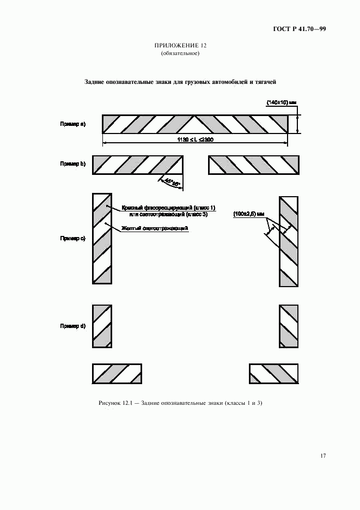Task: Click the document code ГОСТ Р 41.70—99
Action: click(x=299, y=29)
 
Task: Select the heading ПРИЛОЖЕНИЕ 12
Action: click(x=180, y=46)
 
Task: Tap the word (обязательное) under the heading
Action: click(x=180, y=53)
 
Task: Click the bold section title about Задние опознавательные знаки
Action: click(x=180, y=82)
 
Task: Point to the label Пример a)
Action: click(x=72, y=124)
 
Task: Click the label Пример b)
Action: click(x=72, y=163)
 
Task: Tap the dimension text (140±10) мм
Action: click(x=281, y=102)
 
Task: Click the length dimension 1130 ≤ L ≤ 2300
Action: click(x=194, y=140)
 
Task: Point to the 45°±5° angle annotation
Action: click(x=170, y=184)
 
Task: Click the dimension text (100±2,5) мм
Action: click(x=248, y=214)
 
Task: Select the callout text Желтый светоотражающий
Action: click(x=155, y=229)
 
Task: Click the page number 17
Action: click(x=322, y=456)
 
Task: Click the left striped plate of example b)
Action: click(x=137, y=165)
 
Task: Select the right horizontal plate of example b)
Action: click(x=253, y=165)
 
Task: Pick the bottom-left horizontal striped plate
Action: click(x=117, y=374)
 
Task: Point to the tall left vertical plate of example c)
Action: click(x=102, y=238)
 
